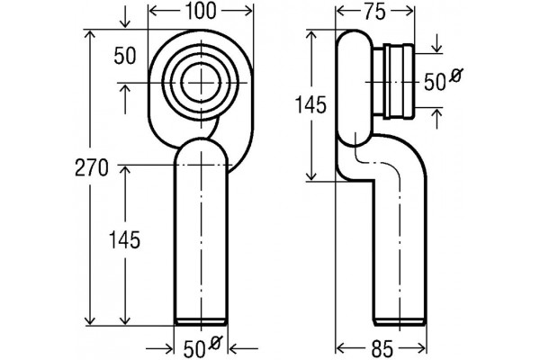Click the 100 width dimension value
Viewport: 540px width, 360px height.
point(201,12)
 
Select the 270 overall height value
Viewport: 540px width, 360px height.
point(92,168)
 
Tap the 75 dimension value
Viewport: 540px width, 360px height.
point(374,13)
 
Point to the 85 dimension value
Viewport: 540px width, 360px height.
point(382,349)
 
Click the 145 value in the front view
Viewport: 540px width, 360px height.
point(124,240)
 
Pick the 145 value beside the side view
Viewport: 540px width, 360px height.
point(310,105)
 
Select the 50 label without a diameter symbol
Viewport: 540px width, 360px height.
point(125,56)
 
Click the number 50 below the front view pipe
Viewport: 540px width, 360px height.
point(194,350)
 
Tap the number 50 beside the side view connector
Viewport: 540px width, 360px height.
point(435,83)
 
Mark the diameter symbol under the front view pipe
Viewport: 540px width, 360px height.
point(216,343)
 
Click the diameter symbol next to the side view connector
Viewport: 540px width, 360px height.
point(456,76)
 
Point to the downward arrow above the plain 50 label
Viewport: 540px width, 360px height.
point(125,20)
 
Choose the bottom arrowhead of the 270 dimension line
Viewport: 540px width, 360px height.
point(90,319)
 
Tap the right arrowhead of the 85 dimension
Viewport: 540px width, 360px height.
point(421,346)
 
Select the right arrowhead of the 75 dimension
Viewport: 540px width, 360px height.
point(409,12)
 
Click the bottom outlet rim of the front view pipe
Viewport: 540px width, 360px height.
point(201,322)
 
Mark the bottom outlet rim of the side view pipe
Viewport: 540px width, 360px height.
point(400,322)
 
